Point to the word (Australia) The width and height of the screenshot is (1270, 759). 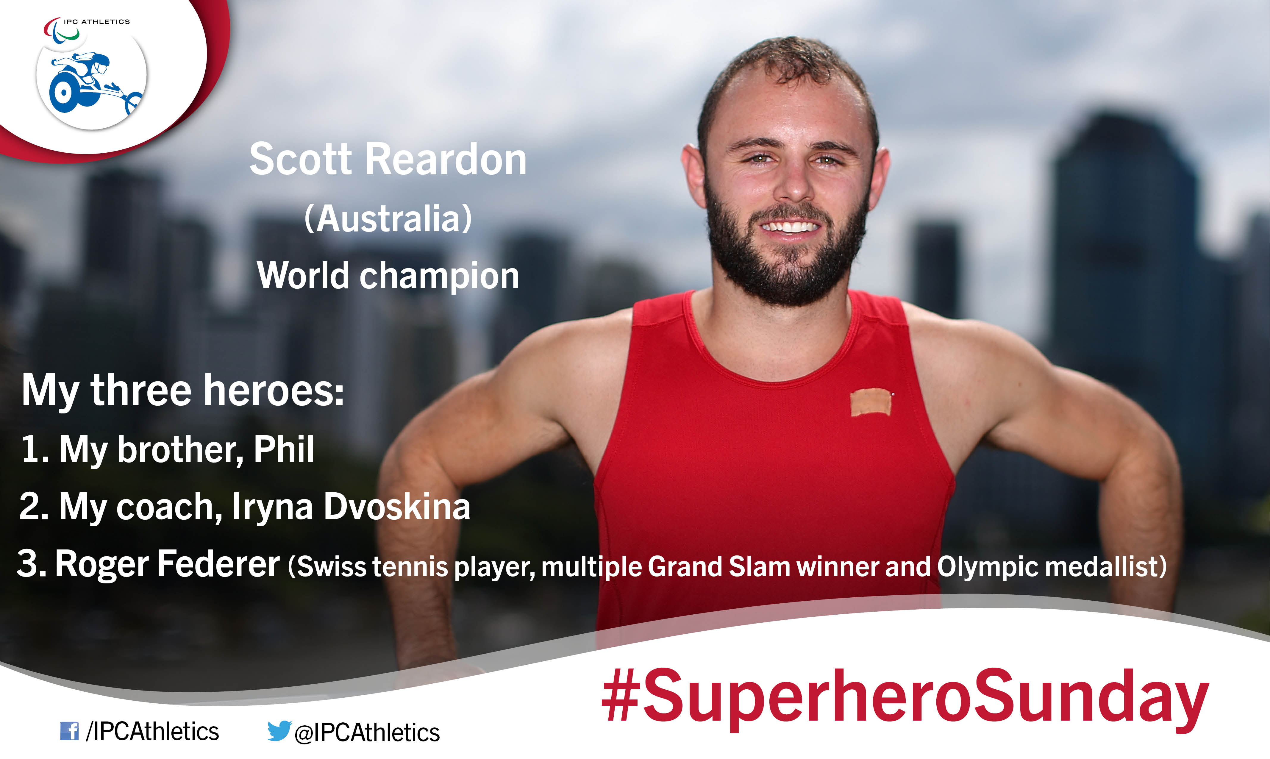pyautogui.click(x=388, y=219)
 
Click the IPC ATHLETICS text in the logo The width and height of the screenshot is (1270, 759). pyautogui.click(x=97, y=21)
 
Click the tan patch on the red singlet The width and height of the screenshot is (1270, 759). pyautogui.click(x=870, y=402)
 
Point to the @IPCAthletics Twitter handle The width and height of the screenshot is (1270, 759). pyautogui.click(x=367, y=733)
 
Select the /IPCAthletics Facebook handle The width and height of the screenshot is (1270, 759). pyautogui.click(x=152, y=731)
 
